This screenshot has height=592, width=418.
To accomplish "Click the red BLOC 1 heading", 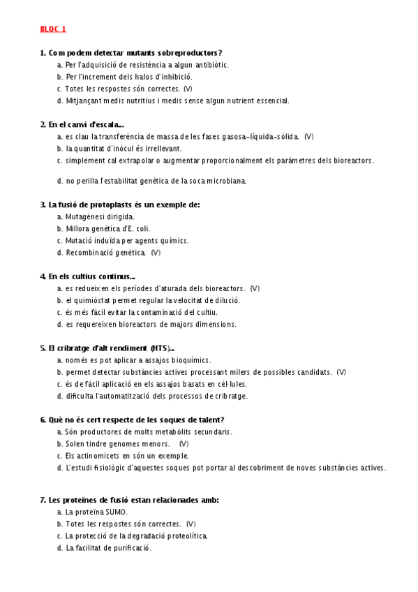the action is tap(53, 29).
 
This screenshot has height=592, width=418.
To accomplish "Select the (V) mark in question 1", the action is tap(188, 89).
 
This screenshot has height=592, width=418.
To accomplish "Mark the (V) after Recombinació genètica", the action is tap(155, 252).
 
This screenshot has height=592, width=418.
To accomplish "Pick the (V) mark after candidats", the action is tap(341, 372).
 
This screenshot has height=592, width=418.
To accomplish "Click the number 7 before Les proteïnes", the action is tap(43, 500).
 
